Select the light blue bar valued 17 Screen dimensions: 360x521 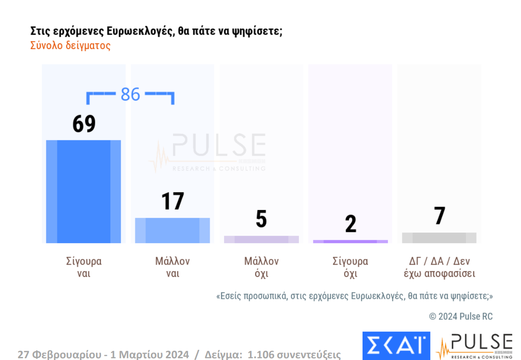pyautogui.click(x=172, y=230)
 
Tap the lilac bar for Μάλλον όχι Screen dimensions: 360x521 pyautogui.click(x=261, y=239)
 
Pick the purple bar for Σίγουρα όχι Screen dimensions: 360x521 pyautogui.click(x=350, y=241)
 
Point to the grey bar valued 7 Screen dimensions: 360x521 pyautogui.click(x=439, y=238)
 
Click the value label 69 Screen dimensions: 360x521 pyautogui.click(x=84, y=124)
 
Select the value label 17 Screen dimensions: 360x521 pyautogui.click(x=172, y=202)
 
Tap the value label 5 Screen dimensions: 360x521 pyautogui.click(x=261, y=219)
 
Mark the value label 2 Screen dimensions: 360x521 pyautogui.click(x=351, y=224)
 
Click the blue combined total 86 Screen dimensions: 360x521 pyautogui.click(x=130, y=94)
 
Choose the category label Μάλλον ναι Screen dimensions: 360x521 pyautogui.click(x=172, y=267)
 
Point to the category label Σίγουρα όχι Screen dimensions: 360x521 pyautogui.click(x=350, y=267)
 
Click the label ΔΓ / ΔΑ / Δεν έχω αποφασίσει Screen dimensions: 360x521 pyautogui.click(x=439, y=267)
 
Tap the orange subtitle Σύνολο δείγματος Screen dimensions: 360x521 pyautogui.click(x=70, y=45)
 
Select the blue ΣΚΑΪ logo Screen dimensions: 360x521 pyautogui.click(x=396, y=346)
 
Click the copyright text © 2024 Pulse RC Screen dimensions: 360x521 pyautogui.click(x=461, y=316)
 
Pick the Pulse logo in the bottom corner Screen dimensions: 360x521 pyautogui.click(x=474, y=346)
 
